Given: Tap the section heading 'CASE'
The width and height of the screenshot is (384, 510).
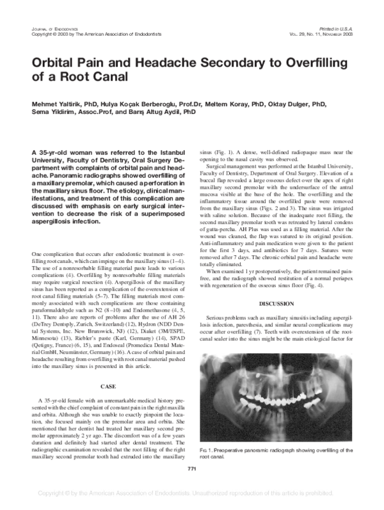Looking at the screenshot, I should (x=107, y=386).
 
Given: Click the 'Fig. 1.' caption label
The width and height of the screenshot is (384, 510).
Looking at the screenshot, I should (x=207, y=451).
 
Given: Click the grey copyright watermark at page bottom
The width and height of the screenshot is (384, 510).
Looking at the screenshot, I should (x=191, y=493).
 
